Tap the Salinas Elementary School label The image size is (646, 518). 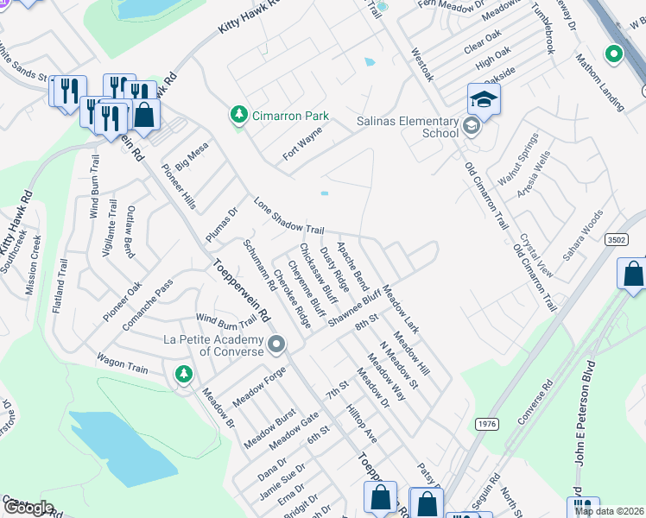click(x=408, y=128)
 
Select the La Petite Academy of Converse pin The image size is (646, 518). click(x=276, y=345)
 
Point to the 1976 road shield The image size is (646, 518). click(x=486, y=423)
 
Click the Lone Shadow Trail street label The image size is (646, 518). click(x=289, y=217)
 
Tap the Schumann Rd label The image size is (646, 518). click(x=259, y=266)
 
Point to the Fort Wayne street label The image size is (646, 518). click(x=302, y=144)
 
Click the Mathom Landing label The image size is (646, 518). click(x=600, y=83)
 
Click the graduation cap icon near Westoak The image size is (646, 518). click(x=484, y=101)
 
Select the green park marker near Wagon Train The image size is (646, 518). click(x=183, y=373)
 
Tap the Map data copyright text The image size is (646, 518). click(x=609, y=511)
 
